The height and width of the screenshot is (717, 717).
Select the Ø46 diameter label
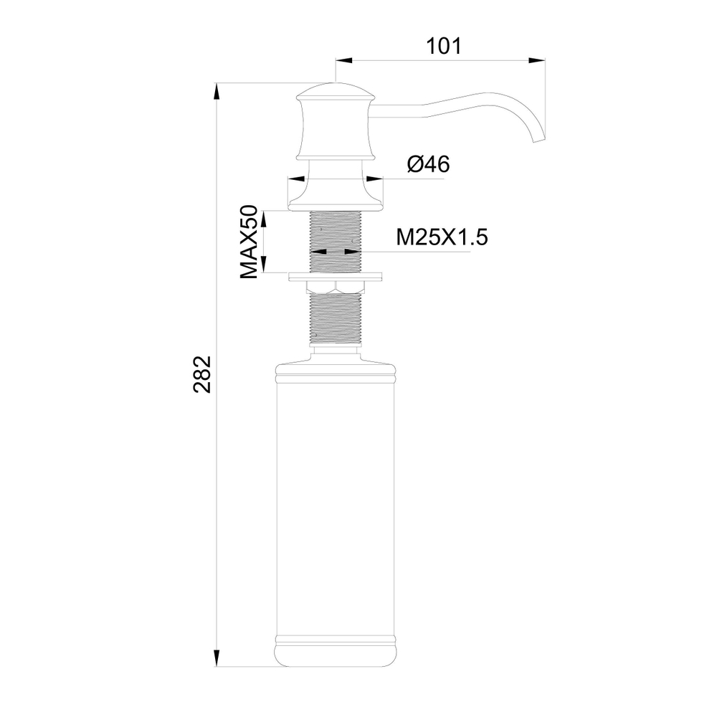click(x=428, y=165)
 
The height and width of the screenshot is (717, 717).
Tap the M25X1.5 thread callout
click(x=442, y=237)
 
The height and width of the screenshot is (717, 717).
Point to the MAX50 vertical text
click(x=249, y=242)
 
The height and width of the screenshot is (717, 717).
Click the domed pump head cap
click(x=336, y=92)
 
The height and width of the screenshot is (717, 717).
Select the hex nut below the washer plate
click(x=336, y=287)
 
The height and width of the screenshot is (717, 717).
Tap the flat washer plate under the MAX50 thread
click(x=336, y=275)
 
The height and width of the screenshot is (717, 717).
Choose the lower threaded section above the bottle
click(x=336, y=319)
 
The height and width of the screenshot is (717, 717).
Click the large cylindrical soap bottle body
click(x=336, y=502)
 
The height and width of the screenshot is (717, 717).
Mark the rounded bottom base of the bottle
click(x=336, y=656)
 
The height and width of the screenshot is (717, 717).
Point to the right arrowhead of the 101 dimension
click(x=539, y=61)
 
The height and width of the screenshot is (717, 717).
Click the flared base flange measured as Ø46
click(x=336, y=197)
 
